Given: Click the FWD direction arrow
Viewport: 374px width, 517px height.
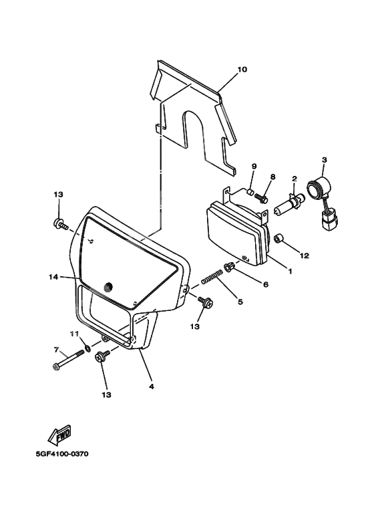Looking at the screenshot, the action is click(x=59, y=435).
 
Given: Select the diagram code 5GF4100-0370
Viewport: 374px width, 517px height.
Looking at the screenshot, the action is click(x=62, y=454).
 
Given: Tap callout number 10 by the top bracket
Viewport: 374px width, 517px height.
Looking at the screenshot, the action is click(x=242, y=70).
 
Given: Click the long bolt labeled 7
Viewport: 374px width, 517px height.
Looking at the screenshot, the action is click(x=69, y=359).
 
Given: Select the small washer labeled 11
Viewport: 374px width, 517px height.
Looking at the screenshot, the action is click(x=87, y=348).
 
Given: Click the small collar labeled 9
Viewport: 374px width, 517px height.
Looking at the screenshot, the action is click(x=251, y=191).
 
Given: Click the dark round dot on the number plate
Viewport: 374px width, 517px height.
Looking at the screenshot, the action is click(x=107, y=287).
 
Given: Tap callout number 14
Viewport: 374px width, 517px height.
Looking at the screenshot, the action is click(x=53, y=278).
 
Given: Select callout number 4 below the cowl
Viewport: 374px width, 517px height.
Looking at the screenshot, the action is click(x=152, y=387).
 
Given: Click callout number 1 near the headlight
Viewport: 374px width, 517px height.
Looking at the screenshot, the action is click(x=290, y=272).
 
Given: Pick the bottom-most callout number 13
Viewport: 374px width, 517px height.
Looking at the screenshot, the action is click(x=107, y=395).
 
